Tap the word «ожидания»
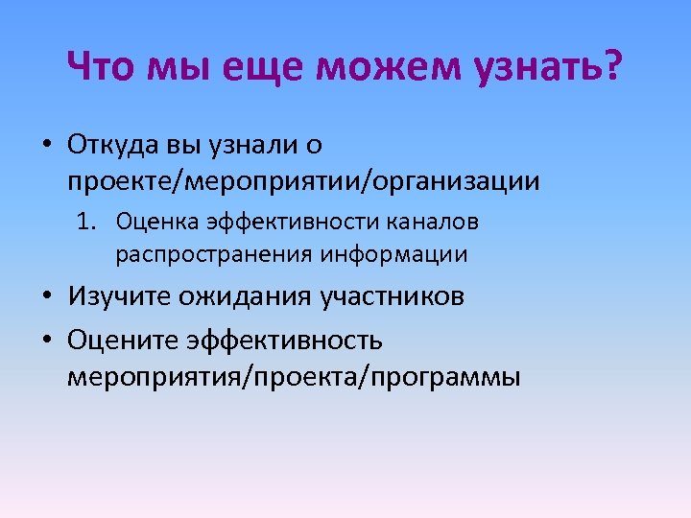pos(239,296)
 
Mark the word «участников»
pos(392,296)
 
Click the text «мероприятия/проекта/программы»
pos(293,376)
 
